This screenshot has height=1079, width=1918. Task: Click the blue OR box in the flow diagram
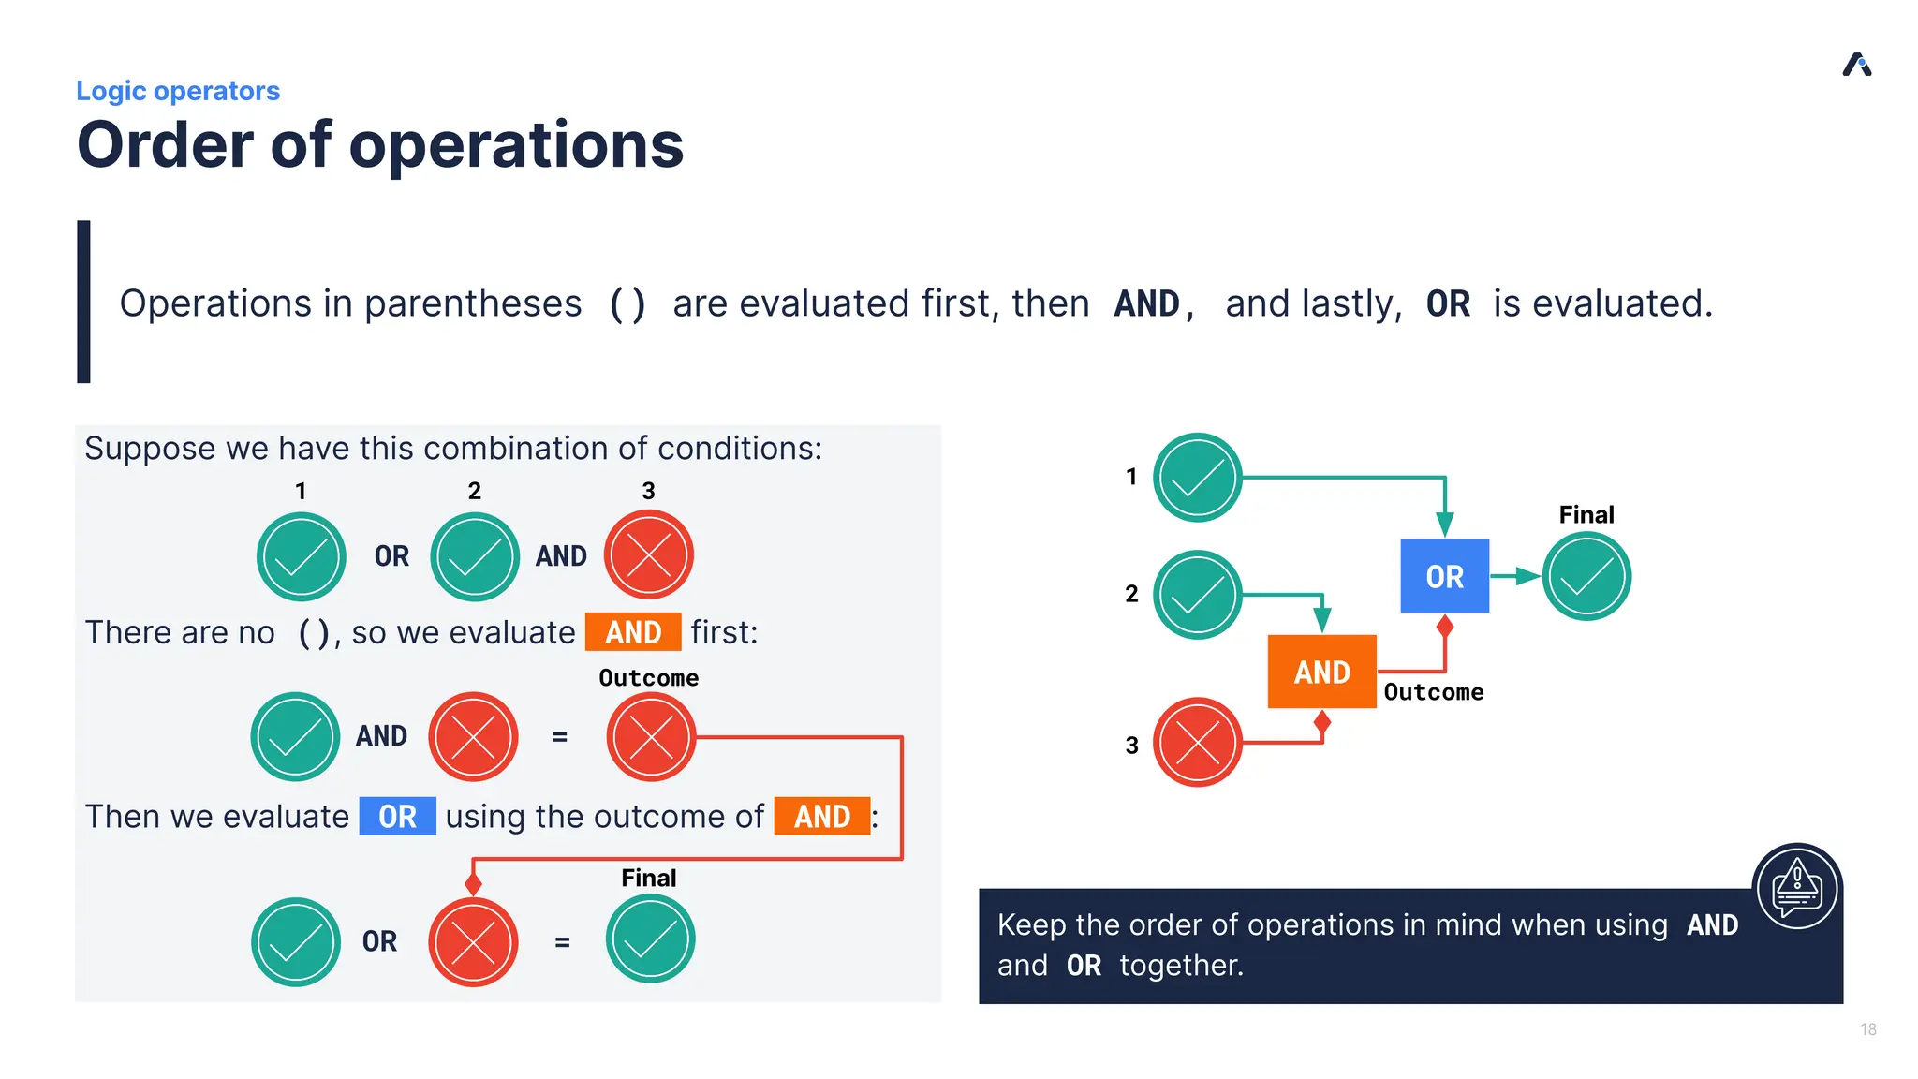1444,576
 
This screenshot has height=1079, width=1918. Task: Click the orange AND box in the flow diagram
1321,672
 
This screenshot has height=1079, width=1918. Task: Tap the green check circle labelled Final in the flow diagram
1586,576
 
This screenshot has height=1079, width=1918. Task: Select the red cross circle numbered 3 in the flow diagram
1197,743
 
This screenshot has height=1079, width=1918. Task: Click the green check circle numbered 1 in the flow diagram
1197,478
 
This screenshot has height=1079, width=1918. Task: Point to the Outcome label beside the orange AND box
1433,692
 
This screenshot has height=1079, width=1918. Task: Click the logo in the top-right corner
1857,65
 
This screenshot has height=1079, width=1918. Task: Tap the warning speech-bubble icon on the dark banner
1796,887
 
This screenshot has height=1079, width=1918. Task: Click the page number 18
1867,1029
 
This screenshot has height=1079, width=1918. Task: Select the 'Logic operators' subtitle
178,91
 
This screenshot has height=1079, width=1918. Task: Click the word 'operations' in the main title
516,145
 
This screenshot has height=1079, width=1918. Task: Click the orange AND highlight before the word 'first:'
633,632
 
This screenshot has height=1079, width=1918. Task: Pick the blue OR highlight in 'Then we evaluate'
397,817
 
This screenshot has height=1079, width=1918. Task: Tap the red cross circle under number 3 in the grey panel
648,555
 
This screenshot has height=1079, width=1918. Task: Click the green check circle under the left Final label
650,939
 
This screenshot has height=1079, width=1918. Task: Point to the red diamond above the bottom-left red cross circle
473,883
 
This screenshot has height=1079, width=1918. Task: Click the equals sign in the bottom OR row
562,942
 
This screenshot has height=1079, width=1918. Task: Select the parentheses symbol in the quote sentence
627,304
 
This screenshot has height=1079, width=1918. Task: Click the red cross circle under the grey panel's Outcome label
651,737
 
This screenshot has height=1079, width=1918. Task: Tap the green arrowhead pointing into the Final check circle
1528,576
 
